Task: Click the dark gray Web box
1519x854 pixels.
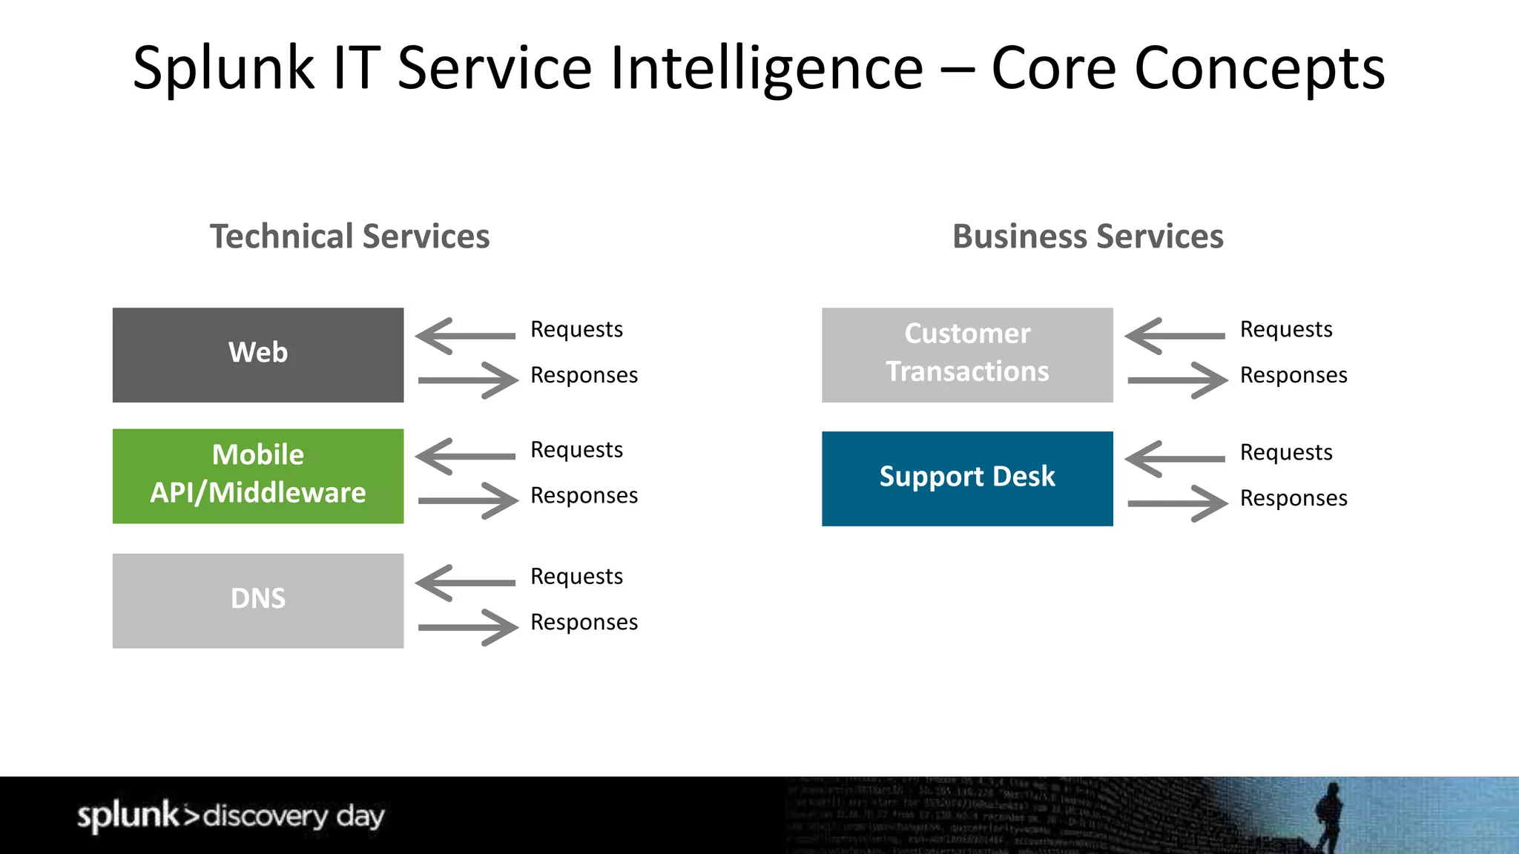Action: point(257,354)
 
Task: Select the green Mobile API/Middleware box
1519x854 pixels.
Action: point(257,475)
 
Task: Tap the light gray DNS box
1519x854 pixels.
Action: point(257,600)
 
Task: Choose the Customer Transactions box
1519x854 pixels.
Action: point(966,354)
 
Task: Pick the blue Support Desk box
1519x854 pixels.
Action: point(966,478)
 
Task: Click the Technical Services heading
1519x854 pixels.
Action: point(349,236)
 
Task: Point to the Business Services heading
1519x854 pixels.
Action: point(1087,236)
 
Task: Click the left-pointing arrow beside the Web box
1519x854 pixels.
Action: point(465,336)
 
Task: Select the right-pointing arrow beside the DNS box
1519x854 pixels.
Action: point(469,627)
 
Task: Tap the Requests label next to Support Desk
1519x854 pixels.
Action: point(1285,452)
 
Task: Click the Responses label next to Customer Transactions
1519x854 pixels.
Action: point(1293,375)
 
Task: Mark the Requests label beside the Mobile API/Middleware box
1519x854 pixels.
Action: point(576,450)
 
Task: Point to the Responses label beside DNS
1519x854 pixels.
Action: point(584,622)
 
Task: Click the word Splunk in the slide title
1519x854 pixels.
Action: point(223,68)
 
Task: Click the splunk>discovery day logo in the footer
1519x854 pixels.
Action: point(231,815)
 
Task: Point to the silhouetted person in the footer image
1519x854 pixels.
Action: point(1329,815)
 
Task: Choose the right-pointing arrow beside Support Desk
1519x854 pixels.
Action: point(1178,503)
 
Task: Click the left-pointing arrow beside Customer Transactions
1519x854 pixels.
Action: point(1175,336)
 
